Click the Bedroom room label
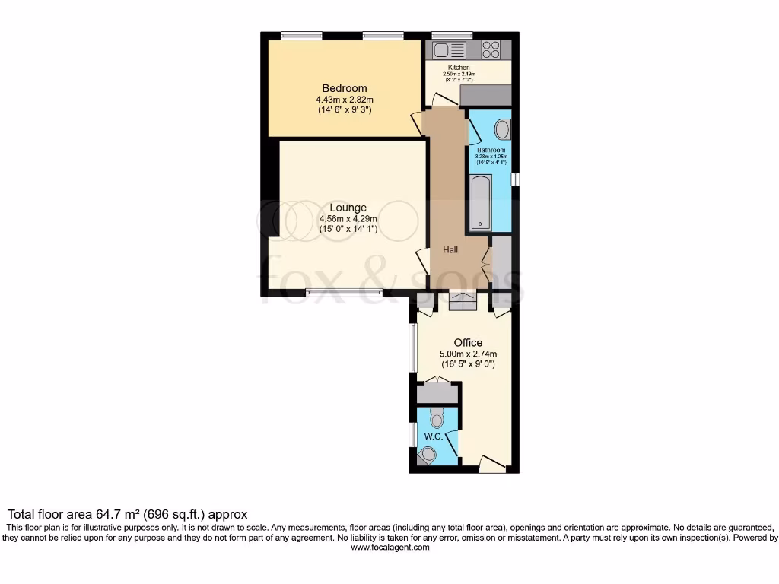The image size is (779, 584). pos(344,88)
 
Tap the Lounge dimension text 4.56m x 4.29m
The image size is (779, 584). pos(348,219)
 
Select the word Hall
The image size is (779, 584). pos(451,250)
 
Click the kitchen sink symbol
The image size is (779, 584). pos(449,51)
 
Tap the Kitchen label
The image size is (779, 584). pos(459,68)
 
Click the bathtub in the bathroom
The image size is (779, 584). pos(481,202)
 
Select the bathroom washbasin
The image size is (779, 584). pos(504,129)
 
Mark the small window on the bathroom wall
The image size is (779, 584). pos(515,179)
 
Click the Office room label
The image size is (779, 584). pos(469,343)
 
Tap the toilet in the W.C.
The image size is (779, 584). pos(437,417)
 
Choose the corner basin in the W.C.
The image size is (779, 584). pos(427,455)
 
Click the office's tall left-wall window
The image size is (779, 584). pos(413,348)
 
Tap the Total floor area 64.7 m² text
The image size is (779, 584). pos(127,515)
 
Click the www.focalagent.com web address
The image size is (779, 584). pos(389,547)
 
